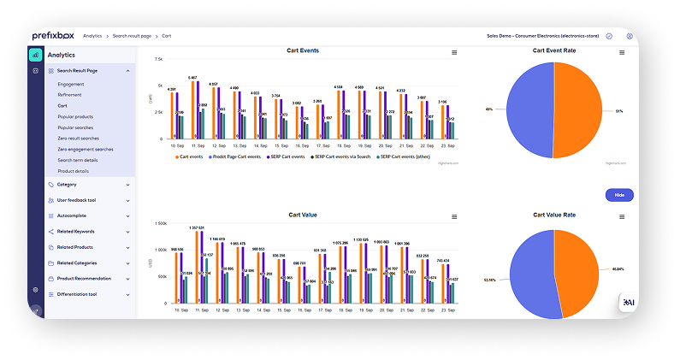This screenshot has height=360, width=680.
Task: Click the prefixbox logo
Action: pyautogui.click(x=52, y=36)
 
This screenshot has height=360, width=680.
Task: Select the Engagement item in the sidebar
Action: pyautogui.click(x=71, y=84)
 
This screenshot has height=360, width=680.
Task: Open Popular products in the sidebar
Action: pyautogui.click(x=75, y=116)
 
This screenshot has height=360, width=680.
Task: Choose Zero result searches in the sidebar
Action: pyautogui.click(x=78, y=138)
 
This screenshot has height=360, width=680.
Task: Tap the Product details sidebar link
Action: pyautogui.click(x=73, y=171)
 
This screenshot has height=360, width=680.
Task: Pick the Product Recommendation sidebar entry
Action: pyautogui.click(x=84, y=278)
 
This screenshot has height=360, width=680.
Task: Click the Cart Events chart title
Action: pyautogui.click(x=302, y=50)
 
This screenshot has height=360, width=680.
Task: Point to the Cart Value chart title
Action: pyautogui.click(x=302, y=215)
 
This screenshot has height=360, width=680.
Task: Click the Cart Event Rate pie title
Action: pyautogui.click(x=553, y=50)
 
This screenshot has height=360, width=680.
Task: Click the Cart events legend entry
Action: pyautogui.click(x=190, y=156)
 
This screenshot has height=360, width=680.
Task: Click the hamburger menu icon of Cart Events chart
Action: pyautogui.click(x=454, y=52)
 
